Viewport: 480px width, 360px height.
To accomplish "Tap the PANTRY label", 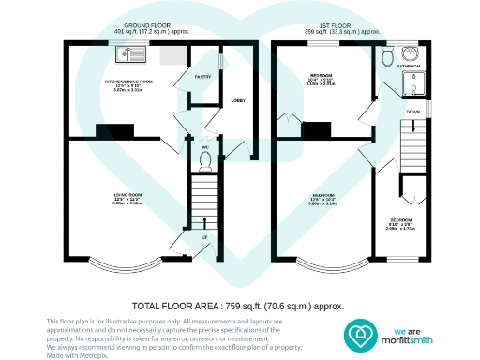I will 202,76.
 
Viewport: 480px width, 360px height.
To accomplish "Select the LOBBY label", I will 238,99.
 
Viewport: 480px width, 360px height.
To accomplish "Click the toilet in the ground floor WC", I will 204,159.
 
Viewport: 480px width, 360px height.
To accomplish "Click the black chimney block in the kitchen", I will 116,130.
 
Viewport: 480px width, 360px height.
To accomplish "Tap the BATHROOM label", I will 408,67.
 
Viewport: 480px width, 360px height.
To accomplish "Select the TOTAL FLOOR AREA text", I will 237,306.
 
